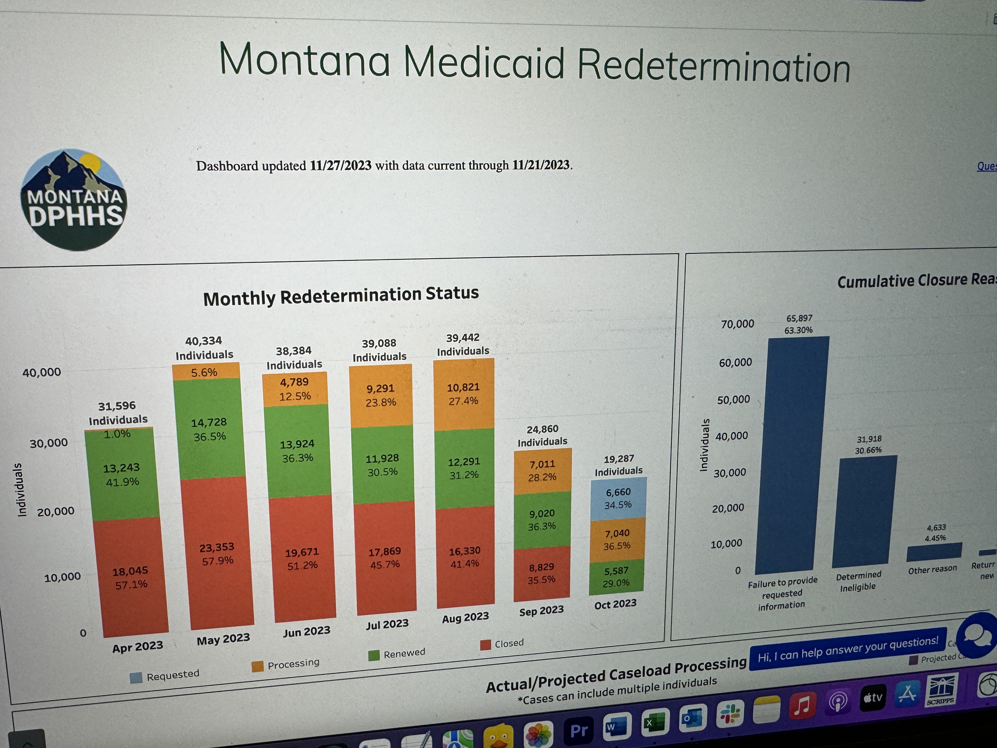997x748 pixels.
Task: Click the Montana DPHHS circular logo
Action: (73, 200)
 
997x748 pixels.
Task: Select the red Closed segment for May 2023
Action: (217, 554)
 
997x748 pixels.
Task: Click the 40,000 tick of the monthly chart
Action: (42, 373)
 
